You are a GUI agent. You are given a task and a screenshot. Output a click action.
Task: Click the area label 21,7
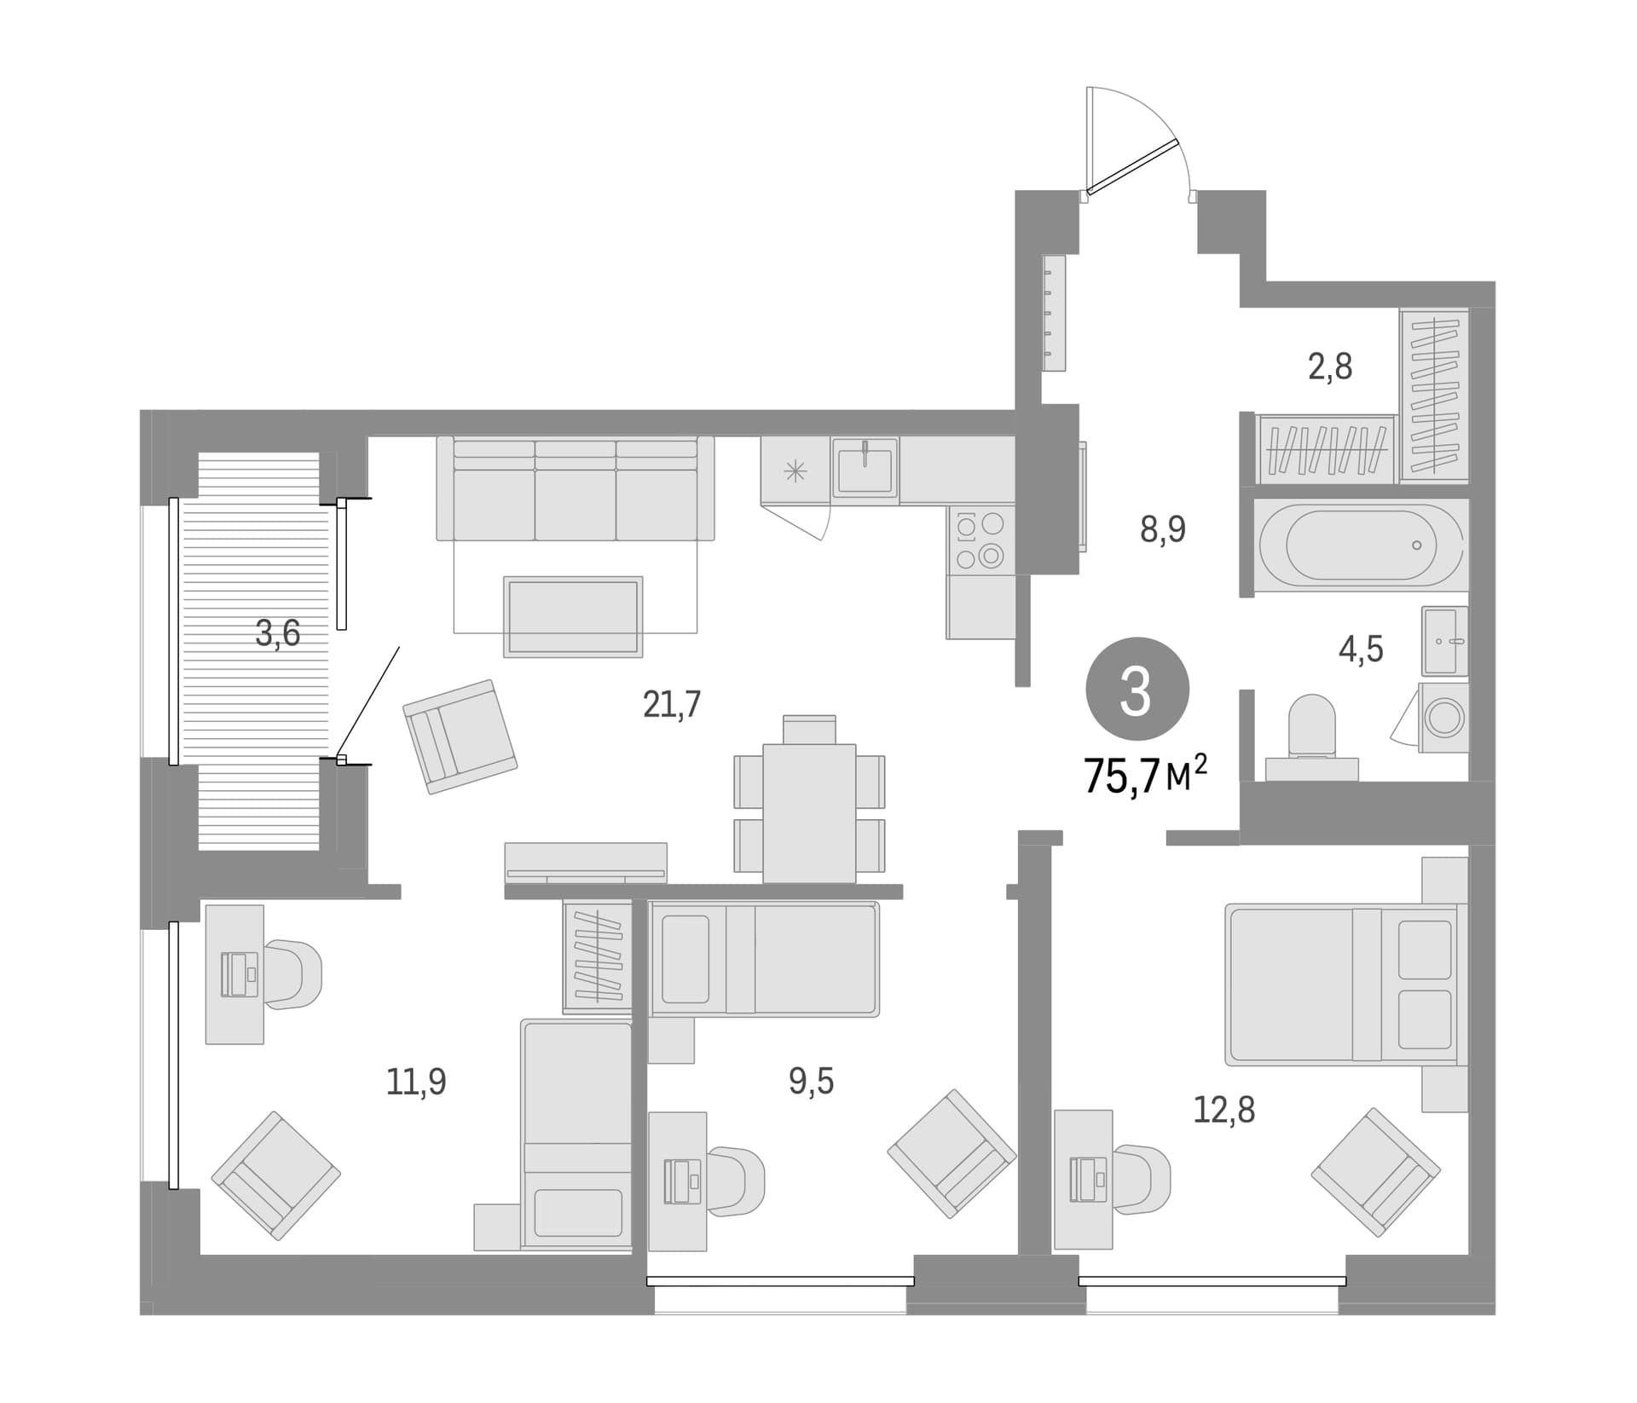(x=672, y=705)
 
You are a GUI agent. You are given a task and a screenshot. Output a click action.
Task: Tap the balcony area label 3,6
(x=278, y=633)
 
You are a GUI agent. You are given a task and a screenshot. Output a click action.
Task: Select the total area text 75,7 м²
(x=1145, y=774)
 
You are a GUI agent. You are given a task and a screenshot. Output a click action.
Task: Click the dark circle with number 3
(x=1137, y=690)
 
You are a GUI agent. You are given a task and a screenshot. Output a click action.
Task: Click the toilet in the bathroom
(x=1311, y=738)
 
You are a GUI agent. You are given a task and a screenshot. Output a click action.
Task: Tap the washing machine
(x=1443, y=717)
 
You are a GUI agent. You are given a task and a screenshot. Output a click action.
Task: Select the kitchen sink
(x=865, y=469)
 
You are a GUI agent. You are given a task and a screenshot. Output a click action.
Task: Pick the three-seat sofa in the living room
(x=576, y=488)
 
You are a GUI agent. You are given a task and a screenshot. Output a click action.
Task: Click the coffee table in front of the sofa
(x=573, y=616)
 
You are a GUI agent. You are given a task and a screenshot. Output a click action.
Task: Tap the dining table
(x=809, y=812)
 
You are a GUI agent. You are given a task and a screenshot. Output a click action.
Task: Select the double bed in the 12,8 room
(x=1341, y=985)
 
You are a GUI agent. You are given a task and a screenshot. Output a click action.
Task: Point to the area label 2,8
(x=1330, y=367)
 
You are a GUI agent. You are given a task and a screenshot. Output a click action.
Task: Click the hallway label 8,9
(x=1163, y=529)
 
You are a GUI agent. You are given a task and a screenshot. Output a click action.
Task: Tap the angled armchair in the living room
(x=460, y=736)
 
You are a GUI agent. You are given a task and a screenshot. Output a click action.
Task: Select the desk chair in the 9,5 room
(x=735, y=1181)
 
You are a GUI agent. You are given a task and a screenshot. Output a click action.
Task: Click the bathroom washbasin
(x=1444, y=640)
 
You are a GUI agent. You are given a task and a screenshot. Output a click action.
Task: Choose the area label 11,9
(x=416, y=1082)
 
